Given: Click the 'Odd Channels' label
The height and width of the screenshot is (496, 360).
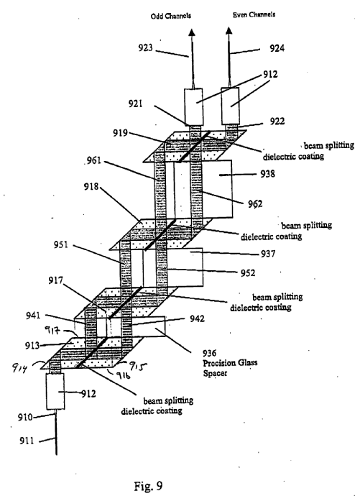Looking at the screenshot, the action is click(171, 16).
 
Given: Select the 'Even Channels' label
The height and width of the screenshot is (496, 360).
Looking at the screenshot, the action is click(254, 14).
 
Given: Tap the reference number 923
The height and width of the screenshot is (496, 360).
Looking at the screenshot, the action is click(145, 47).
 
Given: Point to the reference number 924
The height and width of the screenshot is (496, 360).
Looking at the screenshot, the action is click(277, 48).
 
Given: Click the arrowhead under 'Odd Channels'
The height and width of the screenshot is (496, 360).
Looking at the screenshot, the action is click(192, 32).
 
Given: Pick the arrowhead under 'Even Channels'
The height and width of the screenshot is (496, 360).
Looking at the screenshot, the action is click(229, 30).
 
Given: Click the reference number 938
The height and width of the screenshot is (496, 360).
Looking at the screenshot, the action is click(267, 174).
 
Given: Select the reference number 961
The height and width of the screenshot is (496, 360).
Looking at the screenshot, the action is click(94, 160).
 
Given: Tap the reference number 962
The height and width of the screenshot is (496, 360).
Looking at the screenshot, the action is click(255, 203).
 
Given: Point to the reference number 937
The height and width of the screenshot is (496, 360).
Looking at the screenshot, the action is click(268, 254).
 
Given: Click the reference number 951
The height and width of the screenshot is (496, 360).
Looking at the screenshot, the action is click(60, 244).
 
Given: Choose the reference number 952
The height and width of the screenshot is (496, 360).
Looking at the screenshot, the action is click(248, 272).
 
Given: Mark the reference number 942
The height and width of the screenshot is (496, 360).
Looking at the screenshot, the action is click(197, 318).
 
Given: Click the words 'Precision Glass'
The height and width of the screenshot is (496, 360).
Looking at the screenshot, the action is click(230, 363).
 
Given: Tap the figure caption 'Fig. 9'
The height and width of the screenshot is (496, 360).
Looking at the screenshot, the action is click(148, 485).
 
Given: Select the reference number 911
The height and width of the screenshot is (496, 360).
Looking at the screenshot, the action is click(27, 441).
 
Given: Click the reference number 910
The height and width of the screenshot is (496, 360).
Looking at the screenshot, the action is click(25, 418).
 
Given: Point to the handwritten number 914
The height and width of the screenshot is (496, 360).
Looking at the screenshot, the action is click(19, 367).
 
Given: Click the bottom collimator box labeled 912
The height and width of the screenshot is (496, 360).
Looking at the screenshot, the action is click(55, 391).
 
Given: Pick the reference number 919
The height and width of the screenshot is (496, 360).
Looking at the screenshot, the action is click(121, 133).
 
